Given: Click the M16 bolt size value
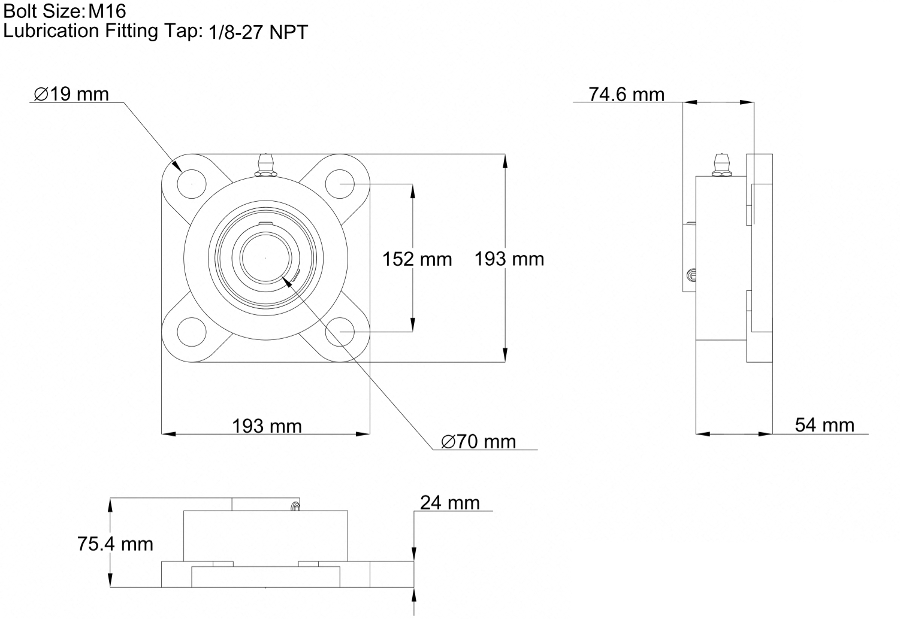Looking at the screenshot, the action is (x=107, y=11).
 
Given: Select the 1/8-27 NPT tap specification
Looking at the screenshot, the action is (x=258, y=32).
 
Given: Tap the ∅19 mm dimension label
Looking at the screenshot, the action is (x=71, y=94).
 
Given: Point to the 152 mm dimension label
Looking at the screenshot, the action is (x=417, y=259).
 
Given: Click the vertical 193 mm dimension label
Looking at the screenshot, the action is (x=509, y=259).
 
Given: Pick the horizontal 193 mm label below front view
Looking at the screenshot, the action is (x=267, y=426).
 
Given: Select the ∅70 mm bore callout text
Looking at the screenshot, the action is (x=479, y=442).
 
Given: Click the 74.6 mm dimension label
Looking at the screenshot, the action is (x=626, y=95).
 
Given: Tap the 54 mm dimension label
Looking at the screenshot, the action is (x=825, y=424).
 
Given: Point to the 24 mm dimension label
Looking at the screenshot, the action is (x=450, y=503).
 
